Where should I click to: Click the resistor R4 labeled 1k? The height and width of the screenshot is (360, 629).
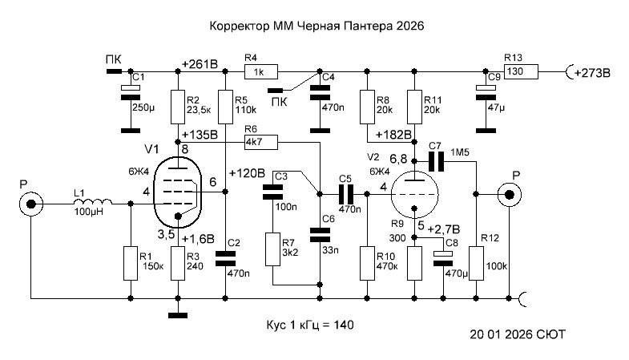[x=257, y=71]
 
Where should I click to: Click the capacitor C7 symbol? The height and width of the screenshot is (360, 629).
[x=436, y=162]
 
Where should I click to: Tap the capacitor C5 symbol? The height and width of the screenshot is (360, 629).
[x=345, y=193]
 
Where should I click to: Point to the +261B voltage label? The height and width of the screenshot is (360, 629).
[x=200, y=63]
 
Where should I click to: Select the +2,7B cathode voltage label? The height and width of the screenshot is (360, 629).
[x=443, y=229]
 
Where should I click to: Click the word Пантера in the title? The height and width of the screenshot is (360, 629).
[x=363, y=26]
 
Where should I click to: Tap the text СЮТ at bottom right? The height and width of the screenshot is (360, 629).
[x=549, y=333]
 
